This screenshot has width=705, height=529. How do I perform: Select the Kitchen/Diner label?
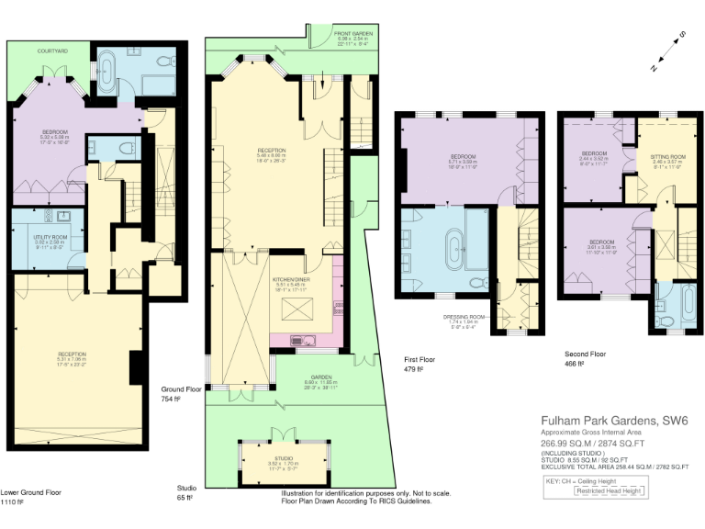point(295,277)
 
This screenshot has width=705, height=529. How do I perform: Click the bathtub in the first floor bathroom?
point(453,249)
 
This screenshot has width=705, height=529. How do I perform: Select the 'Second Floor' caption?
point(585,353)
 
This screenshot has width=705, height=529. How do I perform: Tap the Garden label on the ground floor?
point(294,377)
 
